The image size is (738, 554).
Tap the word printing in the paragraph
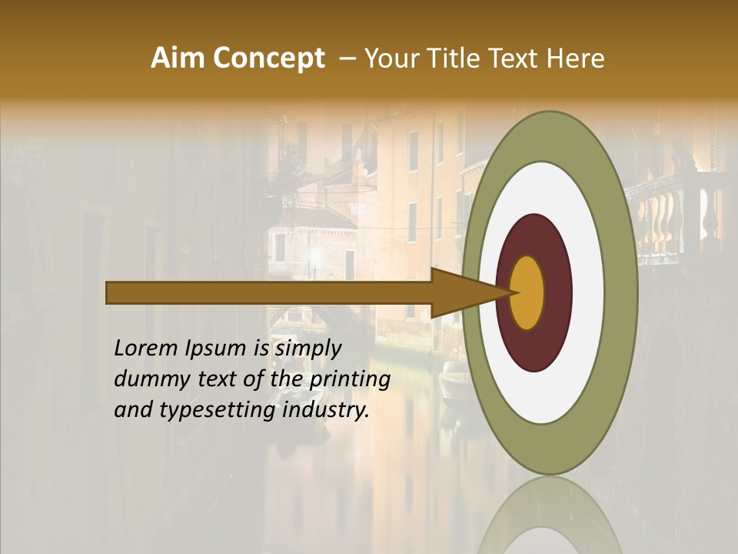[349, 380]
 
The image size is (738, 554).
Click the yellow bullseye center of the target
[527, 292]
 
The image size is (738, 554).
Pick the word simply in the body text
[308, 349]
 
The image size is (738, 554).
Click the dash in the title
[347, 59]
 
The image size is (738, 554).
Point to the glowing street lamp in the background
[313, 254]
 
